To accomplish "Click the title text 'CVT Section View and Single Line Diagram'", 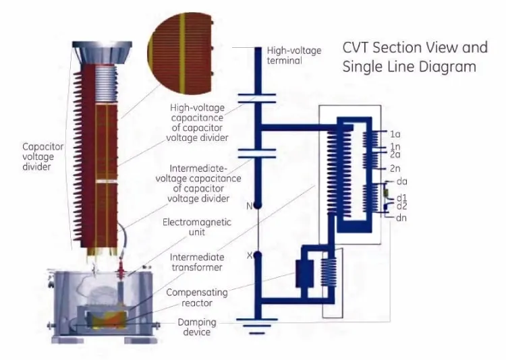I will (414, 57).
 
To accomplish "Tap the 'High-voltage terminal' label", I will (294, 55).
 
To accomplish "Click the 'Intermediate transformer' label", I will (196, 262).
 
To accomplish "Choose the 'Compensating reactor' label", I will (197, 298).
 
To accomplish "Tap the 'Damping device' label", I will (197, 327).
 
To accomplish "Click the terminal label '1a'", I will (395, 133).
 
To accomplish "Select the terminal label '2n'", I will (395, 168).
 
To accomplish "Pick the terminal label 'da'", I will (403, 182).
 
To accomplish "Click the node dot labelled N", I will (257, 206).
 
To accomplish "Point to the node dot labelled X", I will (257, 256).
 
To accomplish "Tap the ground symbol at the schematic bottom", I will (257, 330).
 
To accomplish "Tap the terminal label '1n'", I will (395, 146).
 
